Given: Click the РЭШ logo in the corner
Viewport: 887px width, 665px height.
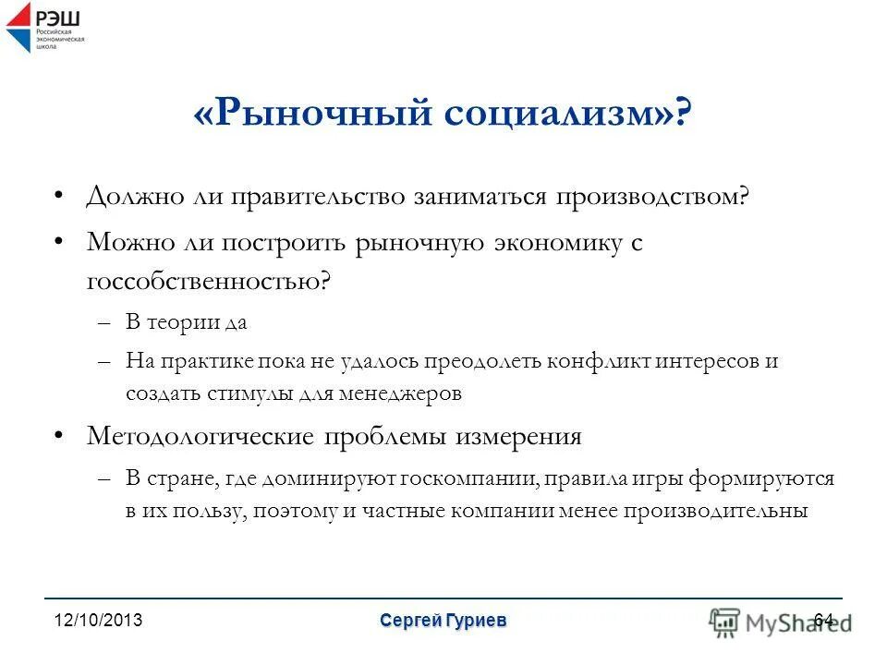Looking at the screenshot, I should pos(44,27).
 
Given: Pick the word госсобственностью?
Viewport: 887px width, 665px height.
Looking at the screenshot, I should pos(208,281).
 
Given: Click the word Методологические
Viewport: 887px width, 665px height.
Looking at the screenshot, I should pos(198,436).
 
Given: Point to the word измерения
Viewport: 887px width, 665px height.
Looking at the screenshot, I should pos(518,436).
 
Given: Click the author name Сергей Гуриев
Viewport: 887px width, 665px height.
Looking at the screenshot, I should pos(443,621).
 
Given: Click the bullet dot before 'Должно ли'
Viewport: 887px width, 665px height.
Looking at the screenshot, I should pos(59,198).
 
